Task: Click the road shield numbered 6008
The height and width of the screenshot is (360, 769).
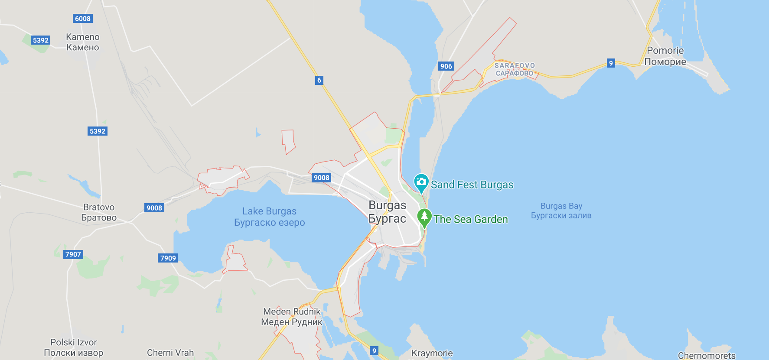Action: pos(83,19)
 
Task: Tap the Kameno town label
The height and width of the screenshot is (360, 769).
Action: pos(83,42)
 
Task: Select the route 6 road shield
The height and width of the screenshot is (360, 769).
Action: pos(319,80)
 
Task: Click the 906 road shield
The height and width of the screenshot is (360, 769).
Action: pos(446,66)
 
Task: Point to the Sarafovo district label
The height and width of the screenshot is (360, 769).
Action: pos(515,69)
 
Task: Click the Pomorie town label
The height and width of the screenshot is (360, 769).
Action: pos(665,56)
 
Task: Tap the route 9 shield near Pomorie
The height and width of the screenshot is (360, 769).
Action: pos(611,63)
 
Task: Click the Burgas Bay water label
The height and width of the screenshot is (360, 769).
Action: pos(561,211)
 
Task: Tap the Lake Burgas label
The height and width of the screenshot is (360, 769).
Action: pos(269,217)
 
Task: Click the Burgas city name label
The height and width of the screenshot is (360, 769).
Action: pos(387,211)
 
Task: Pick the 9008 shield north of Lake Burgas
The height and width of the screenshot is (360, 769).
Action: pos(322,178)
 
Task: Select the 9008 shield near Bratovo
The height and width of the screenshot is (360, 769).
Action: pos(154,208)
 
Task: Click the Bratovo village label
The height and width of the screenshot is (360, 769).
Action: pos(99,212)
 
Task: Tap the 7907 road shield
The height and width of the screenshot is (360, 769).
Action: pos(73,254)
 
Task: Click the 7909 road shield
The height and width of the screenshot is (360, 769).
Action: pos(168,258)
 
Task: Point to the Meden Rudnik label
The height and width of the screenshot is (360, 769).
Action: pos(292,317)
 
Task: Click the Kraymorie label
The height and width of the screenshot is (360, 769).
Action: pos(432,353)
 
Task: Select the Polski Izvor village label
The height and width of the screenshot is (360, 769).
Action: pos(74,347)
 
